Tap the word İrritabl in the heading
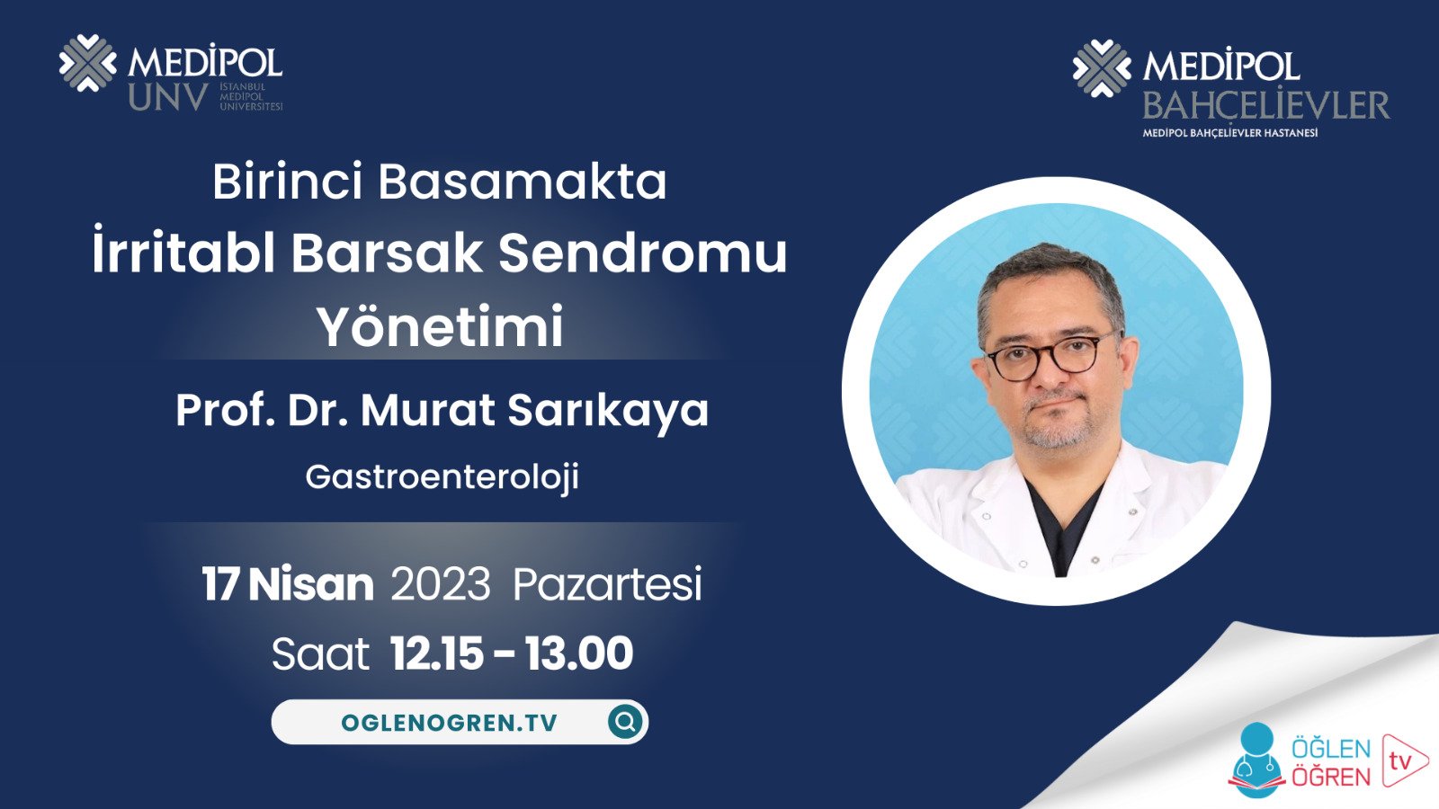(183, 253)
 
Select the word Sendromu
(642, 253)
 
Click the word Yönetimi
(440, 326)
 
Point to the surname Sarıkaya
(607, 411)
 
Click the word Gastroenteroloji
(442, 476)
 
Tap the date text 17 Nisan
(287, 584)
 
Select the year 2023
(441, 584)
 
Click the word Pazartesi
(607, 584)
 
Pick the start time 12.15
(436, 653)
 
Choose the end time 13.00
(579, 653)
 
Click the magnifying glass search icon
(625, 721)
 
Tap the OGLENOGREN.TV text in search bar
(449, 723)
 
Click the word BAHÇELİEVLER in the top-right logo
(1265, 106)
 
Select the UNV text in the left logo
(168, 97)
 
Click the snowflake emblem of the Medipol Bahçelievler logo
(1101, 68)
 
